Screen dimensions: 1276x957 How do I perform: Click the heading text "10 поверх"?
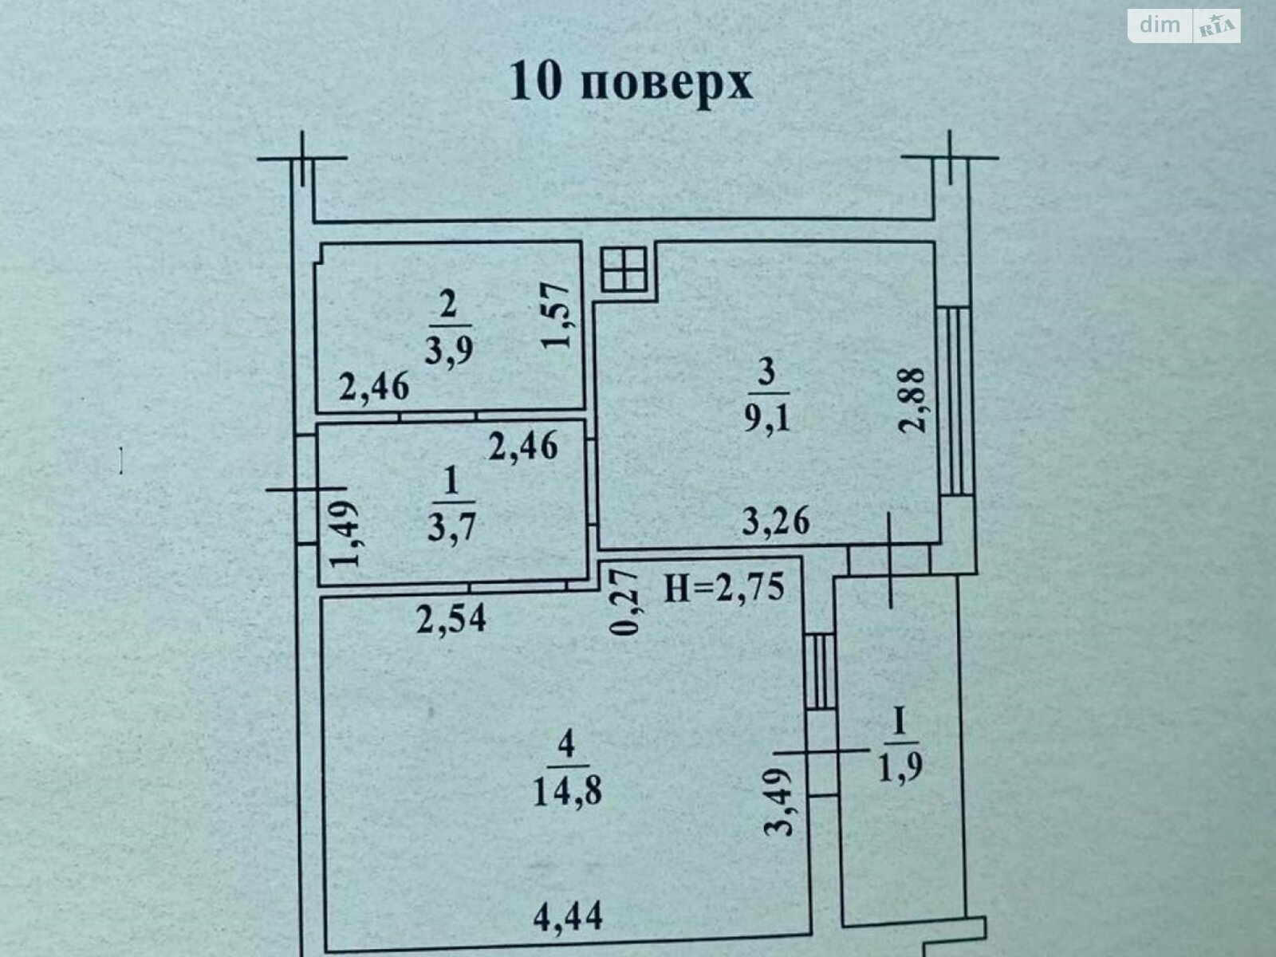coord(631,84)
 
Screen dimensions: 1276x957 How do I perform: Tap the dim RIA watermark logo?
coord(1184,26)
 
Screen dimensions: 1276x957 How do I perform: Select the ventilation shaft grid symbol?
coord(624,269)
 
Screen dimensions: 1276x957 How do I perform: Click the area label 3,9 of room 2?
coord(449,350)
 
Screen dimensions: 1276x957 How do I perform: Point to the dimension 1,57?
coord(555,315)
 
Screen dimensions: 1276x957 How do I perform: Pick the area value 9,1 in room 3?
coord(767,416)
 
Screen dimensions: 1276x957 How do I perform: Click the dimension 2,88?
coord(912,400)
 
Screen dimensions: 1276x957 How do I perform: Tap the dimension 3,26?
coord(776,521)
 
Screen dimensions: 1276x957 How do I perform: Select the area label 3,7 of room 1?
coord(451,527)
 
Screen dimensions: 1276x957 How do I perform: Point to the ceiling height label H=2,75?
coord(724,588)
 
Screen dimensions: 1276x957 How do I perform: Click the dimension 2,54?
coord(451,618)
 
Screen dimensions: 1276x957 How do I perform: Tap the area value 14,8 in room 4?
coord(567,790)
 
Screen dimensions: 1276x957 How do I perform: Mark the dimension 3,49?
coord(778,802)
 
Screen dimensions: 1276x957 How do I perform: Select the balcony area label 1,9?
coord(900,768)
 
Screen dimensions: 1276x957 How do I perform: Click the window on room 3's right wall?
coord(955,401)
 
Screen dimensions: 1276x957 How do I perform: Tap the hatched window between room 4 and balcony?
coord(821,671)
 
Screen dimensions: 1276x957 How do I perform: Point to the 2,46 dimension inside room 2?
coord(374,387)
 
